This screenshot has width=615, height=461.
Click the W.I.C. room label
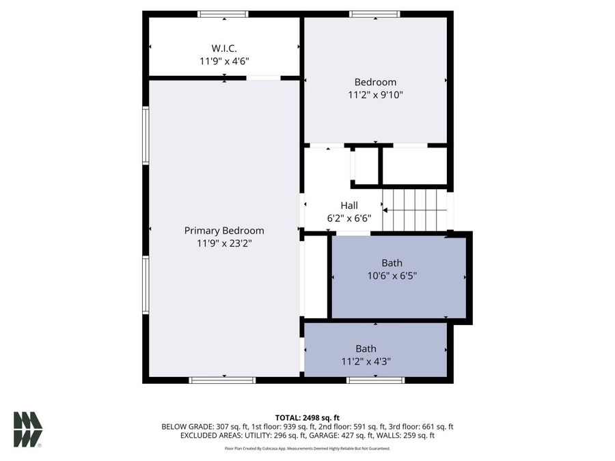[224, 48]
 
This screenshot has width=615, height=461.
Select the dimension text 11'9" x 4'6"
[224, 61]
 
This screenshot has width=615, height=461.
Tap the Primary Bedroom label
[224, 230]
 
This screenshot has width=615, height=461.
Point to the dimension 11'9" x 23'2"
[224, 242]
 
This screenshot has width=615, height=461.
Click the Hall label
[348, 205]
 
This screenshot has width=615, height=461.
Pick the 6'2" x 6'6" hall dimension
[348, 218]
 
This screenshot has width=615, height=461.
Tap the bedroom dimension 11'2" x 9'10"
[375, 95]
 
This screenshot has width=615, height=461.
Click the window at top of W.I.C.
[223, 14]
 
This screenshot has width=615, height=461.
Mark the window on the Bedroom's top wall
[374, 14]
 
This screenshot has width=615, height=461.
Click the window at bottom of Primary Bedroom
[213, 380]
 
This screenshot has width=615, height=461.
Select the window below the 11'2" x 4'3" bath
[375, 380]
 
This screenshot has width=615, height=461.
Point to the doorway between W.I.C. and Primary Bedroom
[263, 78]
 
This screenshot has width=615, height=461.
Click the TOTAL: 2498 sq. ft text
[307, 417]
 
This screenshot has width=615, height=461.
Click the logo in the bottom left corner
[27, 430]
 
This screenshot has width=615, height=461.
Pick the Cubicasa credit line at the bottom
[307, 449]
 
